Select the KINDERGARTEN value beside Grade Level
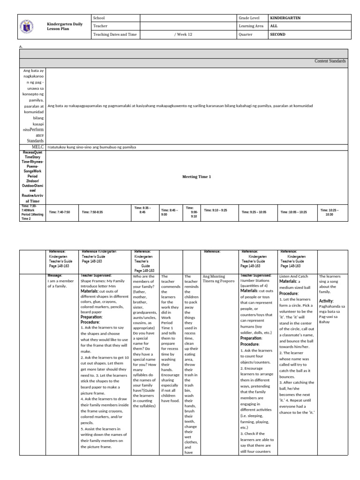285,18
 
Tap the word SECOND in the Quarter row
278,35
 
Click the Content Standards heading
330,61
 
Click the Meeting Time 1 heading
196,177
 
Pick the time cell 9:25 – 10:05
254,212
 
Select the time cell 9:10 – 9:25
216,210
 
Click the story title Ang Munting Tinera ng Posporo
218,279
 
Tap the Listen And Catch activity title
294,277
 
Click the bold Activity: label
326,300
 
